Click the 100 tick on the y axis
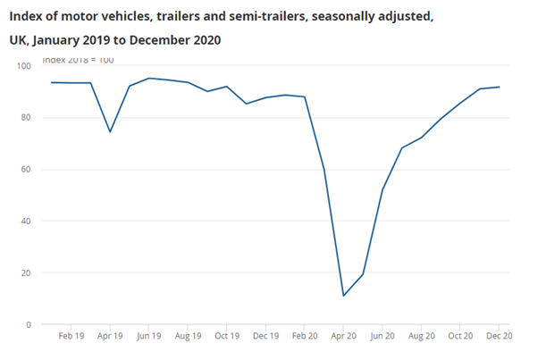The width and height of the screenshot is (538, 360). [x=23, y=66]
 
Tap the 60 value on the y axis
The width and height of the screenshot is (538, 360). [x=26, y=170]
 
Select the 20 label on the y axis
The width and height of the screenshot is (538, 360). [x=26, y=273]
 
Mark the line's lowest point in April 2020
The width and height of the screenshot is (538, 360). [x=343, y=296]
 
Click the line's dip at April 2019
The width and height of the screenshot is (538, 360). [x=110, y=132]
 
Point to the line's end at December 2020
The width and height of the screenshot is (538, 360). [x=499, y=87]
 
